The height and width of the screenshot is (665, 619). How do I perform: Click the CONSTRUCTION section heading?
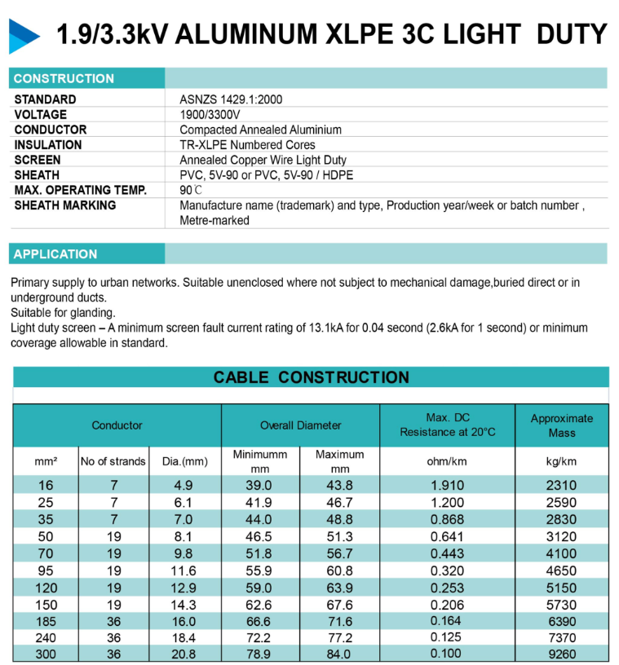[64, 79]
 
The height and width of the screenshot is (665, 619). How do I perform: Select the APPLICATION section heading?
[55, 254]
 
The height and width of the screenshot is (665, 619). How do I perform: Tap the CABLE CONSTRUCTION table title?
[311, 377]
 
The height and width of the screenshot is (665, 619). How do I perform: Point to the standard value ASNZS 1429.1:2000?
[231, 99]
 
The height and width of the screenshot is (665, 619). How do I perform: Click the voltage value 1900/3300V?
[210, 115]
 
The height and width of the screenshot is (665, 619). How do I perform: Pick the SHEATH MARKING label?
[65, 205]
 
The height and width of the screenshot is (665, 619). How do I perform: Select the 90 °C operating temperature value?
[192, 190]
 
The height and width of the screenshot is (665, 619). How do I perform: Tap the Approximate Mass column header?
[561, 425]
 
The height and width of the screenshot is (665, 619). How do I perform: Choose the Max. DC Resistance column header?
[447, 425]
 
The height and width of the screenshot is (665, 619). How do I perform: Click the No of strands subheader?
[113, 461]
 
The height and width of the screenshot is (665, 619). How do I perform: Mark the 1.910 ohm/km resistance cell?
[447, 485]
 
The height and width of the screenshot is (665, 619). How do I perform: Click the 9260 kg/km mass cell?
[561, 654]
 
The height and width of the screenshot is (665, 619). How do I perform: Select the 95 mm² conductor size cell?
[46, 570]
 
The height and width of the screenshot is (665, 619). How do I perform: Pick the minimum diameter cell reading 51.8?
[260, 553]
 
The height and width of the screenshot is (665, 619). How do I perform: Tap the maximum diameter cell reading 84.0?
[339, 654]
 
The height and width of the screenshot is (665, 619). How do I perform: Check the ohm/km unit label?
[447, 461]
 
